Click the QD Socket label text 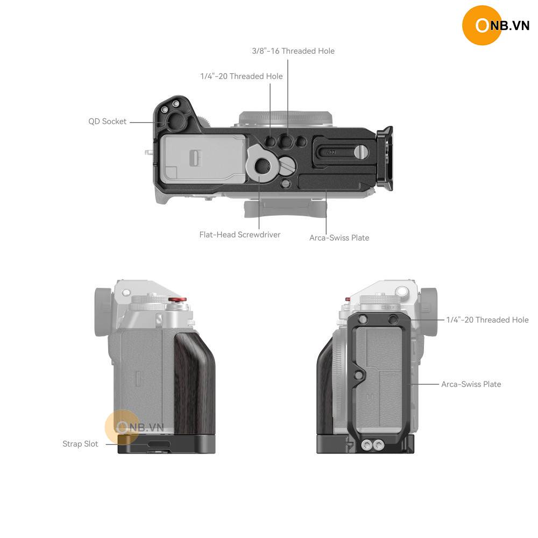(x=108, y=122)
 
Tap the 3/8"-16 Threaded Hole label (x=293, y=51)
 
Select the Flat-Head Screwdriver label (x=240, y=235)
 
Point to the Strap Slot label (x=80, y=444)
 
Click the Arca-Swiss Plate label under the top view (x=339, y=238)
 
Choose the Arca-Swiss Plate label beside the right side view (x=471, y=384)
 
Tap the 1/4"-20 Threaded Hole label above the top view (x=242, y=76)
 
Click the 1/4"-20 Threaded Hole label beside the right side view (x=487, y=320)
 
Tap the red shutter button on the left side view (x=178, y=300)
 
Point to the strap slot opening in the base (x=159, y=444)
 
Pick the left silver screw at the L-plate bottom (x=366, y=445)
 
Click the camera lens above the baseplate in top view (x=286, y=119)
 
